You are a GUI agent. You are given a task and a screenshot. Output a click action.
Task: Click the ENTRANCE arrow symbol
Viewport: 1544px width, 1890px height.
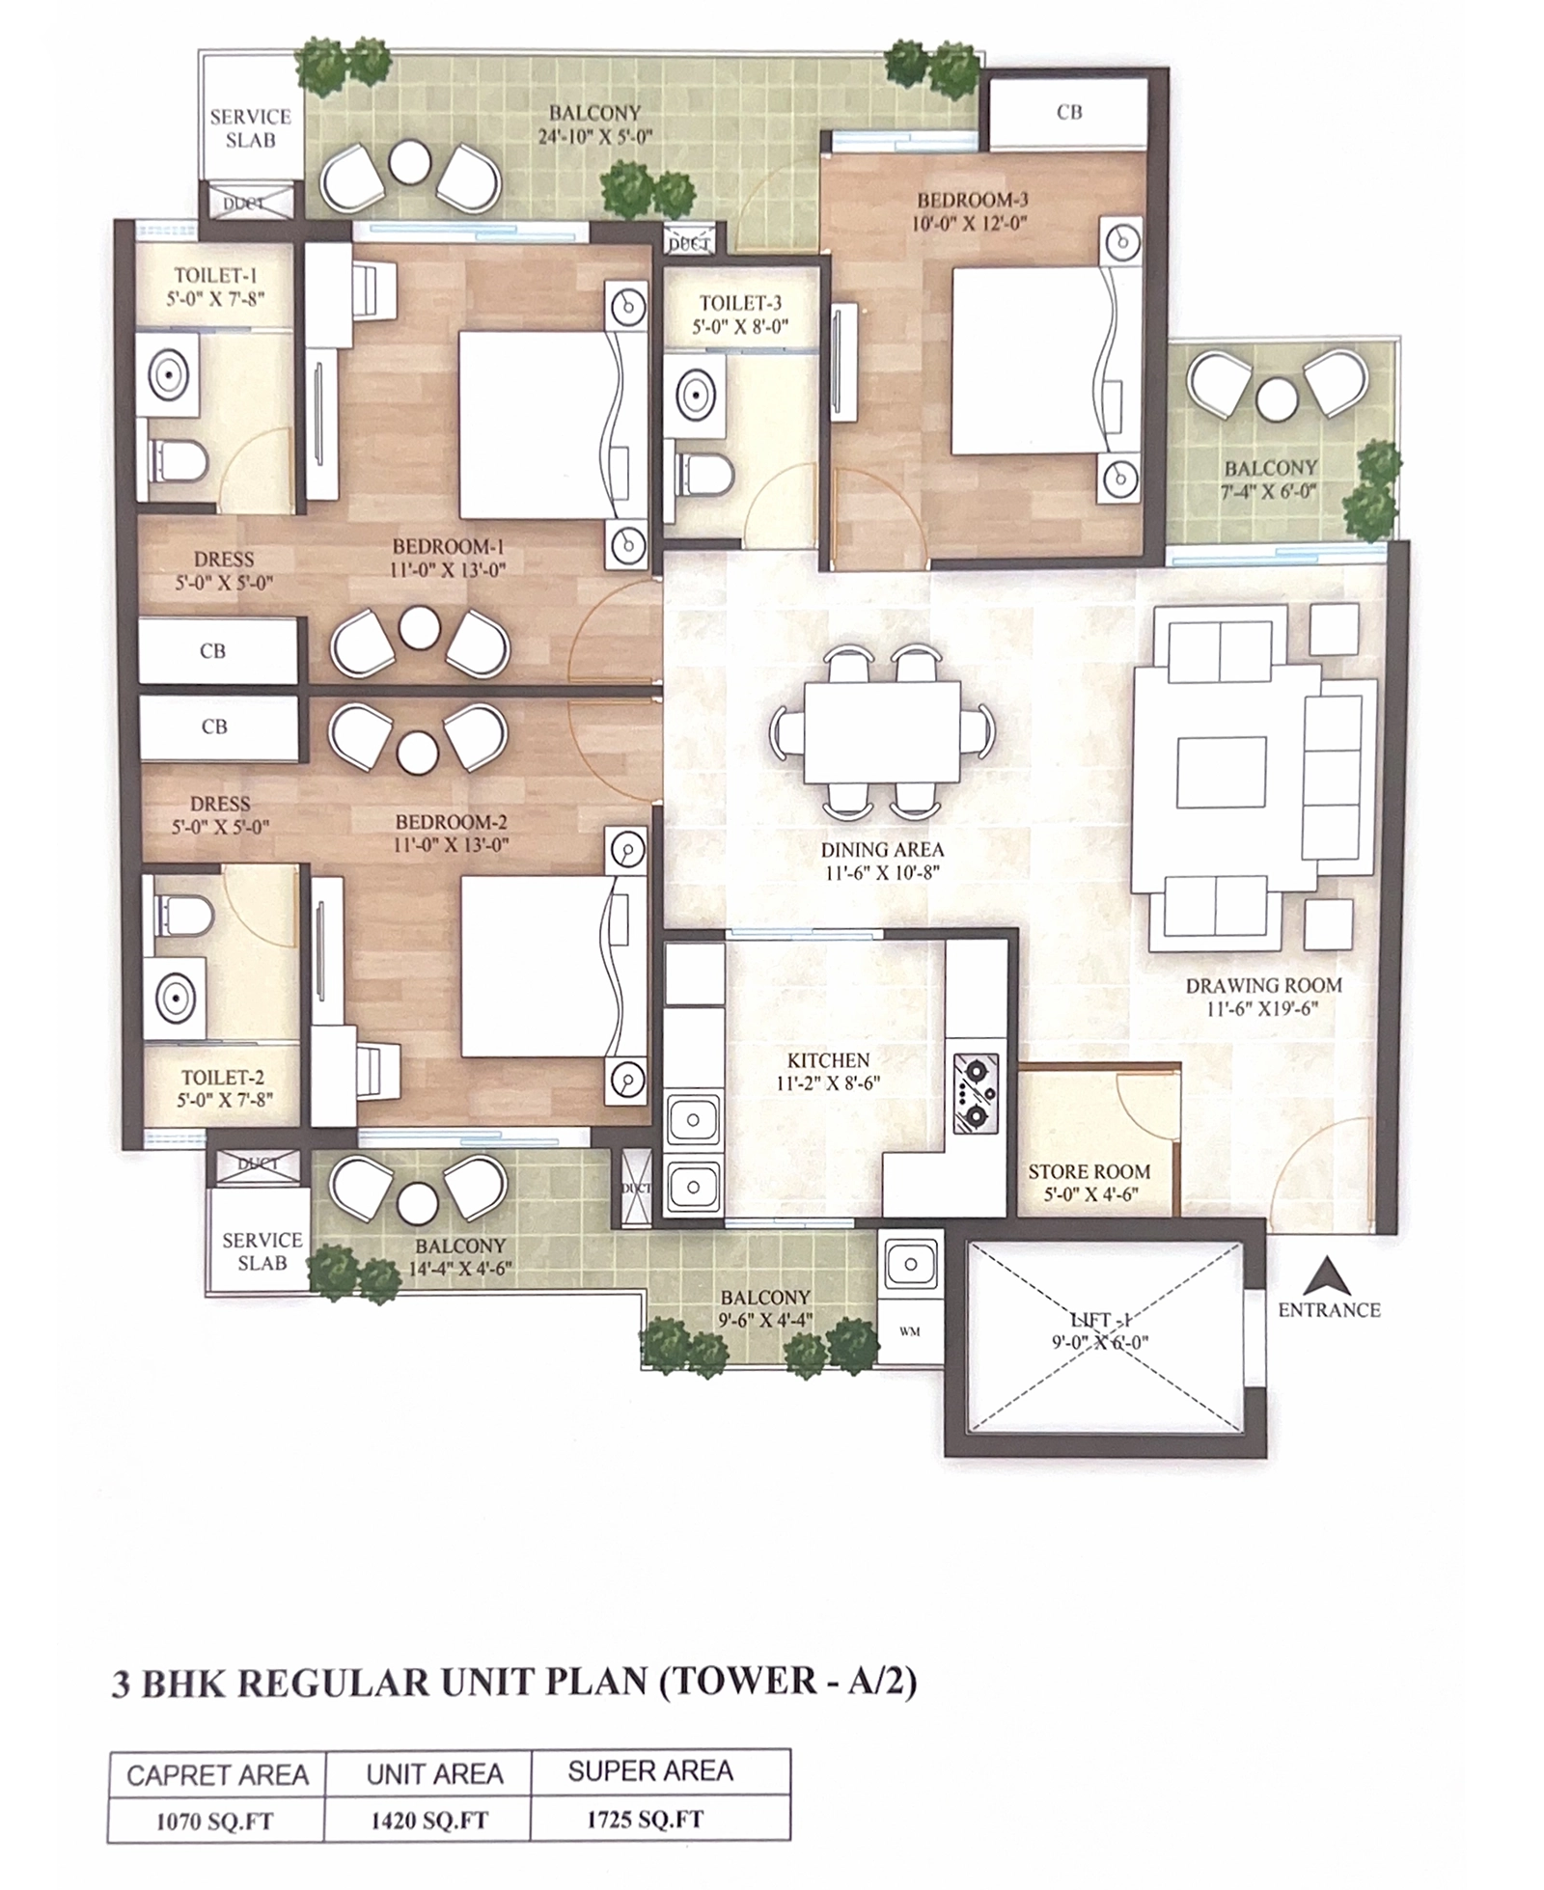1327,1276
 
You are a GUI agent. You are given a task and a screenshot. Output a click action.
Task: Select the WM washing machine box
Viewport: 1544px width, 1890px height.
910,1330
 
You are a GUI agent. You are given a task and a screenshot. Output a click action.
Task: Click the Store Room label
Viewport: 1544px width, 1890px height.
1089,1171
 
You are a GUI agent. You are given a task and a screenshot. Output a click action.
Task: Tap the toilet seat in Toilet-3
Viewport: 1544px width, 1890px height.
703,474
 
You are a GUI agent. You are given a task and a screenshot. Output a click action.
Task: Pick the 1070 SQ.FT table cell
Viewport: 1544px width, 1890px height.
215,1822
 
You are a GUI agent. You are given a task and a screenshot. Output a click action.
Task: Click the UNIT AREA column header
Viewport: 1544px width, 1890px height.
434,1773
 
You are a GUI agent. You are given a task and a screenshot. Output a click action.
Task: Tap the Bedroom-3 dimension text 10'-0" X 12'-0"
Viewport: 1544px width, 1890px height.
972,225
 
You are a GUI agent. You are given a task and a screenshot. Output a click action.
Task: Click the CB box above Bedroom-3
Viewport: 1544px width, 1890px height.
1069,113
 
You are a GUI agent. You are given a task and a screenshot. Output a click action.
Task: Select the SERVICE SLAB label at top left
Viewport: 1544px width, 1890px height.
251,128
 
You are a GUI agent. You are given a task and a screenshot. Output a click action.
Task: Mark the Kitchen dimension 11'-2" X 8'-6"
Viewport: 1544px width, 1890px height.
828,1083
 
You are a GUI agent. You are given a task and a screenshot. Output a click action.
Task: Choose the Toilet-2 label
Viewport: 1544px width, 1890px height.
223,1078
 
